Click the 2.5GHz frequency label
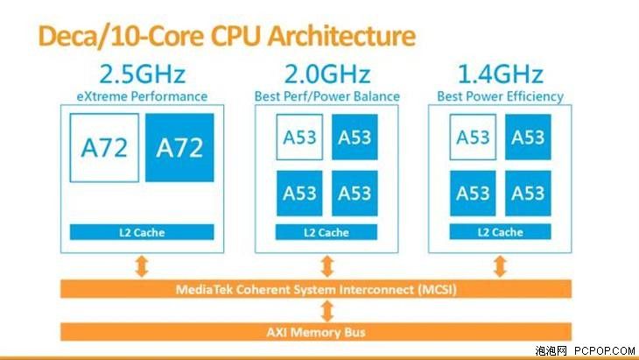142,74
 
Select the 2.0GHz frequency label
327,74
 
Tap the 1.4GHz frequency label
501,74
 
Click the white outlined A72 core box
104,147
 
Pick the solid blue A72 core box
179,147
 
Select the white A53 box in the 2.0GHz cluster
299,137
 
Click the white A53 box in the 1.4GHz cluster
473,137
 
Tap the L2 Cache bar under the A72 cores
142,232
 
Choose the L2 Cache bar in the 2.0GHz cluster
327,232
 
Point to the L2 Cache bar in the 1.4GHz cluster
500,231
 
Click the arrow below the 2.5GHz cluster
142,266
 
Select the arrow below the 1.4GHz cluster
500,266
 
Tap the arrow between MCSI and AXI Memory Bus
327,311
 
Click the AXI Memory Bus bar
316,332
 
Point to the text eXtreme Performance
142,96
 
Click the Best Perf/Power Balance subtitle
327,96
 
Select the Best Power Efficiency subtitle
501,96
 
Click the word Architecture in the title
341,36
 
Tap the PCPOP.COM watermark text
605,350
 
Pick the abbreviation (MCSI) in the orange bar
437,289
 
